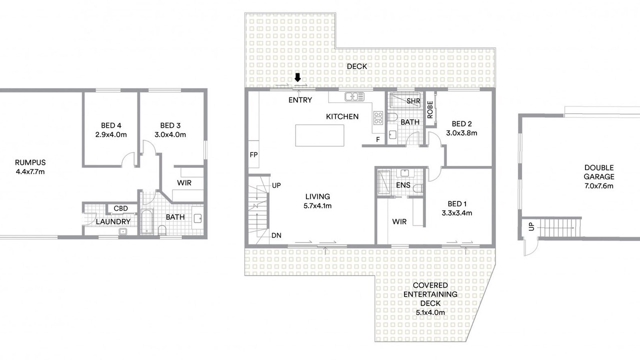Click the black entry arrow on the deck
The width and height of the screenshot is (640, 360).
click(297, 77)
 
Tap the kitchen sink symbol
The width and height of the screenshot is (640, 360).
click(354, 96)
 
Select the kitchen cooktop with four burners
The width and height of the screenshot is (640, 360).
click(378, 118)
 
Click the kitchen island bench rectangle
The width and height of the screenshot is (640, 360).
click(319, 135)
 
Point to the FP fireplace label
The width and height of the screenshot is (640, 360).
click(253, 155)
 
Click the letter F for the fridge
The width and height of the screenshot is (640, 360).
click(377, 139)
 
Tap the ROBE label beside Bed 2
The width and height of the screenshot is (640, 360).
click(430, 109)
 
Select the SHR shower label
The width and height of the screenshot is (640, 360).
click(413, 101)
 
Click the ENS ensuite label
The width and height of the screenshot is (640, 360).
click(403, 185)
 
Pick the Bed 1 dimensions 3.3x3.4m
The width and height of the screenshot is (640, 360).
click(457, 213)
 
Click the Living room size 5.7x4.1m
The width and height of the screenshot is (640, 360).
click(317, 205)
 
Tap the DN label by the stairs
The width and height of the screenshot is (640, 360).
click(276, 235)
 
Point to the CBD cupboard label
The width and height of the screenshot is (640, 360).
click(121, 208)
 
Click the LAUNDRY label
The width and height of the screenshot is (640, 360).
click(113, 221)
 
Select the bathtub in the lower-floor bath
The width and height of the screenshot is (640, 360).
click(147, 221)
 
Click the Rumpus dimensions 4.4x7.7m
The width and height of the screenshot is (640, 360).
click(30, 171)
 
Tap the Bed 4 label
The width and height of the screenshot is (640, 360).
click(111, 125)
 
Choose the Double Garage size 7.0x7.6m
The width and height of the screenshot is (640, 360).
click(599, 186)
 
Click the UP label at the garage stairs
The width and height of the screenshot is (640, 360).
click(531, 226)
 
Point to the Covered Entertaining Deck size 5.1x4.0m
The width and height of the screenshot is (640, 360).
click(430, 312)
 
